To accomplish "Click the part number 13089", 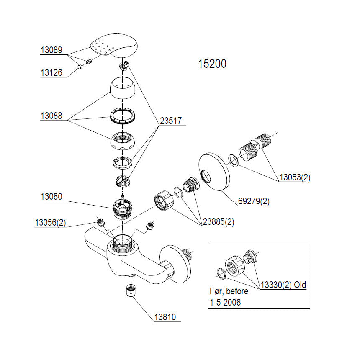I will pos(51,50).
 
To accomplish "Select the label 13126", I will pos(51,73).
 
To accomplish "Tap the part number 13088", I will pos(51,116).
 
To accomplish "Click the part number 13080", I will pos(51,196).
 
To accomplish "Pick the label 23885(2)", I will pos(218,222).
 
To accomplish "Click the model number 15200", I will pos(212,64).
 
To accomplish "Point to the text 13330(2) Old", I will pos(283,285).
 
